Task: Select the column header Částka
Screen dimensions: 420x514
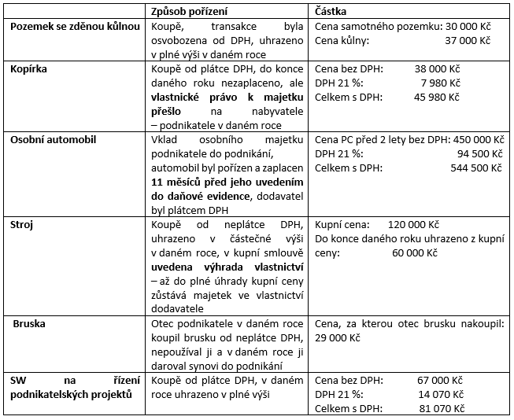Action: (x=334, y=13)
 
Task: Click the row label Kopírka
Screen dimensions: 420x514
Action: (x=30, y=69)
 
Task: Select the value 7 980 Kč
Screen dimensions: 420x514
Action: (x=436, y=83)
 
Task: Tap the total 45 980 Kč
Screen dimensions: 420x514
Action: (x=433, y=98)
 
